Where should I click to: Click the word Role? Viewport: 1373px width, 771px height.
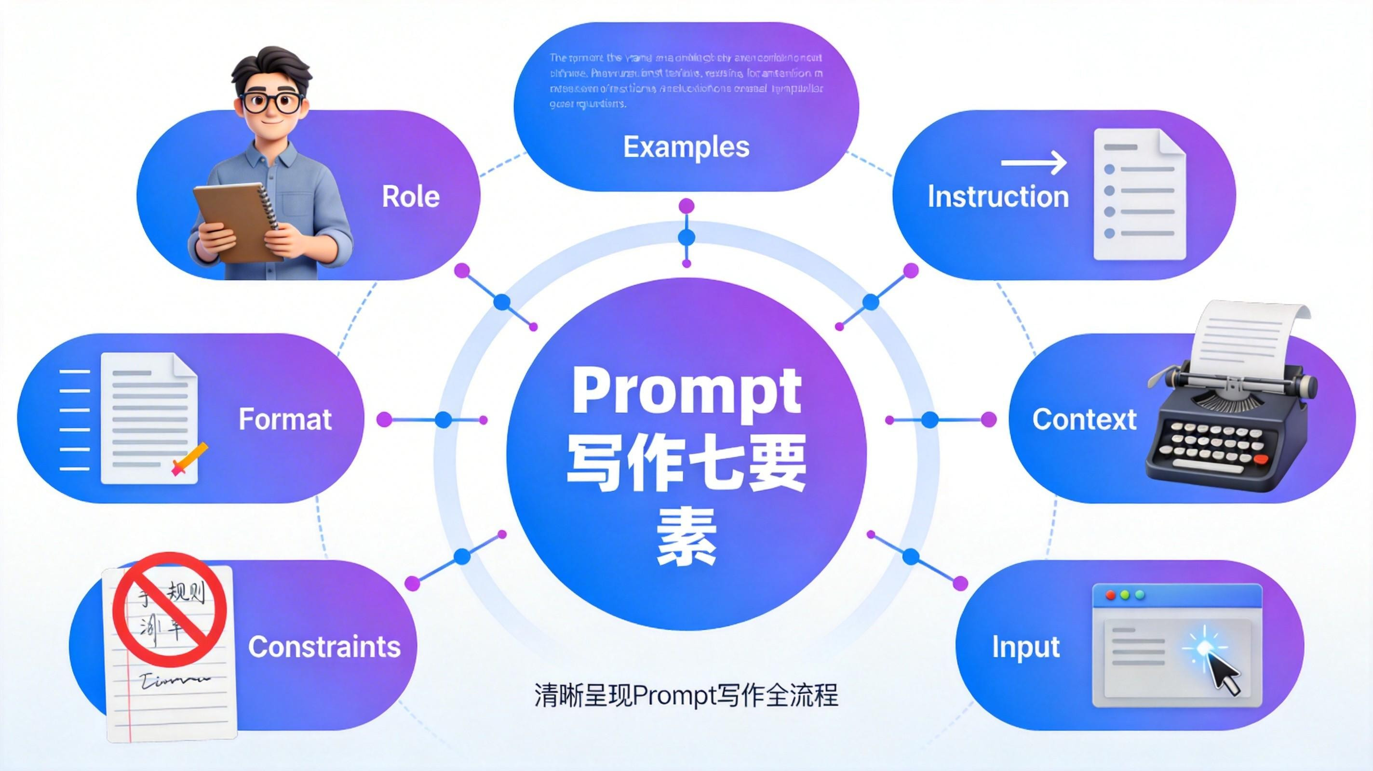pyautogui.click(x=410, y=197)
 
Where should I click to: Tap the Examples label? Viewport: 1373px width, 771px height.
pyautogui.click(x=686, y=146)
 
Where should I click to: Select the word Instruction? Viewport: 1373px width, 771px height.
pyautogui.click(x=998, y=197)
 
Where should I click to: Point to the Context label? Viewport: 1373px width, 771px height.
pyautogui.click(x=1084, y=419)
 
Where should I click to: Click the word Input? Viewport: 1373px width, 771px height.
pyautogui.click(x=1025, y=647)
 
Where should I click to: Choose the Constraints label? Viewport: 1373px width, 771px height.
pyautogui.click(x=324, y=647)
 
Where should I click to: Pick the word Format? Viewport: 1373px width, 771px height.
pyautogui.click(x=284, y=419)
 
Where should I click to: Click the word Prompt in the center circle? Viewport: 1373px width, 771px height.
pyautogui.click(x=686, y=392)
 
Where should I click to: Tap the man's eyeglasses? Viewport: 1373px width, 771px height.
pyautogui.click(x=272, y=102)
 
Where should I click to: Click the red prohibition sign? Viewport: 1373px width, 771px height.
pyautogui.click(x=170, y=606)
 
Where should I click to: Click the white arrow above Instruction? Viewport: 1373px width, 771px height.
pyautogui.click(x=1034, y=162)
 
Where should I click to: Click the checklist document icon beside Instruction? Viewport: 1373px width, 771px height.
pyautogui.click(x=1139, y=195)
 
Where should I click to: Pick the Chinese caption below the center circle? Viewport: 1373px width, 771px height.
pyautogui.click(x=686, y=695)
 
